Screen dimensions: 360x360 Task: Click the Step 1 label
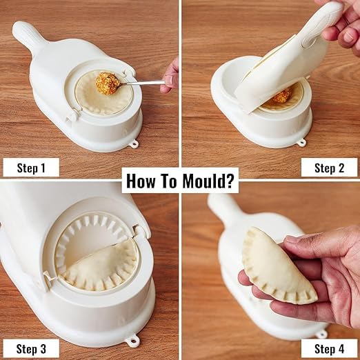(30, 167)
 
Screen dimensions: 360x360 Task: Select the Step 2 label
(329, 167)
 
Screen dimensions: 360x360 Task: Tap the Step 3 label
(30, 348)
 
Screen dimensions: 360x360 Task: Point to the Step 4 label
(329, 348)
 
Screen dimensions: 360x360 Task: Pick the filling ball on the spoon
(107, 83)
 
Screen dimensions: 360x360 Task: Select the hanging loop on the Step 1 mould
(133, 143)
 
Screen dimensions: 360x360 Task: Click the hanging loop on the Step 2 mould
(301, 143)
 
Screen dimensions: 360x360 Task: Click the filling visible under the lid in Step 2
(281, 96)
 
